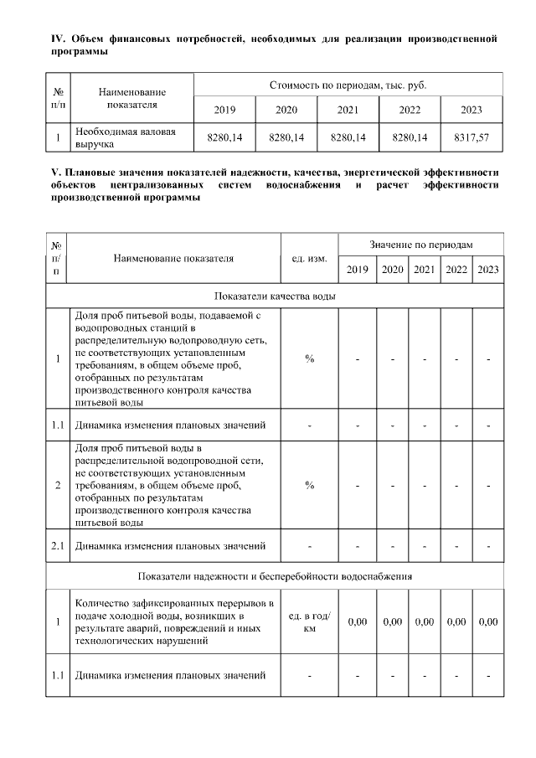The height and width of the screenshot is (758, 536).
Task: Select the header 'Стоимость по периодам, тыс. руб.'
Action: [x=348, y=85]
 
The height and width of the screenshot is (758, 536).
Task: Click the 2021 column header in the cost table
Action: [x=348, y=110]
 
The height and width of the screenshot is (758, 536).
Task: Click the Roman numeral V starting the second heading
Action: [x=54, y=173]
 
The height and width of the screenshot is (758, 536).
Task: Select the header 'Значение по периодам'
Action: [x=421, y=244]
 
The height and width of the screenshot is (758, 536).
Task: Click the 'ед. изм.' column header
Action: [x=309, y=258]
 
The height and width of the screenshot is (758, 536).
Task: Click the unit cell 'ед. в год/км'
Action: [x=309, y=622]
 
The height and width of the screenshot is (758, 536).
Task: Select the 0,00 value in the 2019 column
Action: [x=358, y=622]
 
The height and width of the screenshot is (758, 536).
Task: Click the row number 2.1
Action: [x=57, y=546]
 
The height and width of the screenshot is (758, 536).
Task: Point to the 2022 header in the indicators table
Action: [x=456, y=269]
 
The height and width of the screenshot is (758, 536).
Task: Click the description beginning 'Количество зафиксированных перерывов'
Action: [x=175, y=622]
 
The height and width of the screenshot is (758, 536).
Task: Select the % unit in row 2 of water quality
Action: [x=309, y=485]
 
